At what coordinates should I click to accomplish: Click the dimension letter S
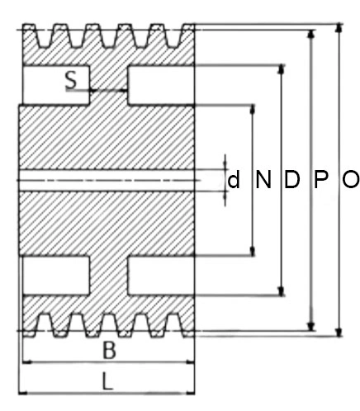pos(71,80)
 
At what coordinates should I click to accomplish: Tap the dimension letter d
pos(234,180)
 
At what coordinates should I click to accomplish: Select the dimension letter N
pos(263,179)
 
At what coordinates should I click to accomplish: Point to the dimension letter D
pos(291,179)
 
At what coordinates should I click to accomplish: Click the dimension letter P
pos(321,179)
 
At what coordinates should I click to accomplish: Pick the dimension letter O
pos(351,179)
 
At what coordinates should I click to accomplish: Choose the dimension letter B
pos(109,350)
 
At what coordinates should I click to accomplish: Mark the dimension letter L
pos(107,381)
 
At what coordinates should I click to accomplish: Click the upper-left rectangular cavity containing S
pos(56,85)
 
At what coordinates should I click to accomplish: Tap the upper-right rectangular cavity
pos(161,85)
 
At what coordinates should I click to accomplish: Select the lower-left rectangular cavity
pos(56,276)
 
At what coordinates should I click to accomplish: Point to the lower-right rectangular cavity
pos(161,276)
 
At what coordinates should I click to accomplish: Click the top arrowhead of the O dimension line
pos(339,28)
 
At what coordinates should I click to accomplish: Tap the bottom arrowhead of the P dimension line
pos(311,326)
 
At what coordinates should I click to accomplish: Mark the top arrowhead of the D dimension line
pos(281,69)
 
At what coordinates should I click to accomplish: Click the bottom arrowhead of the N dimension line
pos(253,252)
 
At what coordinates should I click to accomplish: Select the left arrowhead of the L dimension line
pos(23,393)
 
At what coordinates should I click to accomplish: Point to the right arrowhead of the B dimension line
pos(190,362)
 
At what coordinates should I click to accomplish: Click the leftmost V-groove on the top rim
pos(44,36)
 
